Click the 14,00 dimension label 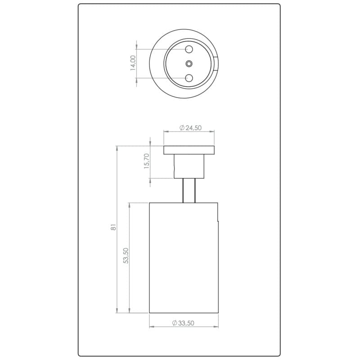pyautogui.click(x=133, y=63)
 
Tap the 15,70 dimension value pyautogui.click(x=147, y=161)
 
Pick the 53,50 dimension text pyautogui.click(x=126, y=255)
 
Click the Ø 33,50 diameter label pyautogui.click(x=183, y=323)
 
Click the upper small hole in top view pyautogui.click(x=189, y=49)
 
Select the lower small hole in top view pyautogui.click(x=189, y=78)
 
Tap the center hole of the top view pyautogui.click(x=189, y=63)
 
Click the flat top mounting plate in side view pyautogui.click(x=189, y=150)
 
